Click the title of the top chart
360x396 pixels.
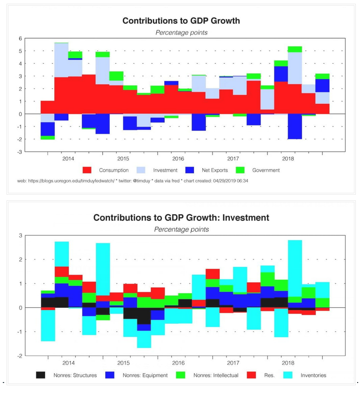pyautogui.click(x=181, y=21)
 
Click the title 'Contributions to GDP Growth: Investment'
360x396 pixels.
pyautogui.click(x=181, y=218)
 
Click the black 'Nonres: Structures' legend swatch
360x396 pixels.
pyautogui.click(x=40, y=375)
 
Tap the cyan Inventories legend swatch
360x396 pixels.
pyautogui.click(x=287, y=375)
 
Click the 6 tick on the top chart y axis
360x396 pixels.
pyautogui.click(x=20, y=39)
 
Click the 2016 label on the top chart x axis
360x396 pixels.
pyautogui.click(x=178, y=158)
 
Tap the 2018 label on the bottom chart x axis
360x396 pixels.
pyautogui.click(x=287, y=363)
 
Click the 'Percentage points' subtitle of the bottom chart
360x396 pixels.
pyautogui.click(x=181, y=229)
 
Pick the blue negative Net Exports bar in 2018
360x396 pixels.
pyautogui.click(x=295, y=126)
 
